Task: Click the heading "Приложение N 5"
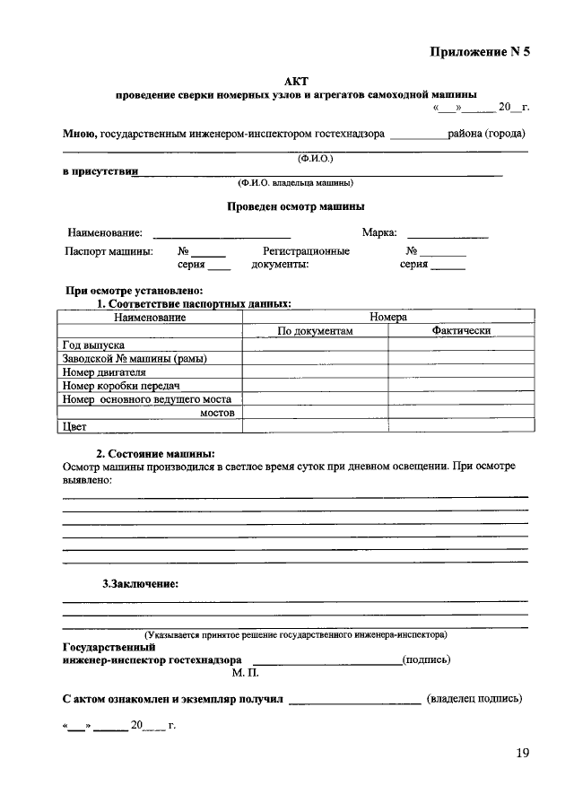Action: pyautogui.click(x=479, y=51)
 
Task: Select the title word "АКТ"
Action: pyautogui.click(x=295, y=81)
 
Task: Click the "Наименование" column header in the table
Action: pyautogui.click(x=150, y=318)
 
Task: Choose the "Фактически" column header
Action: pyautogui.click(x=460, y=331)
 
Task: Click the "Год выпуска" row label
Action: pyautogui.click(x=93, y=345)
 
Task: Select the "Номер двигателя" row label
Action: pyautogui.click(x=104, y=372)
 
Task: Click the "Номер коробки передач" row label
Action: pyautogui.click(x=116, y=386)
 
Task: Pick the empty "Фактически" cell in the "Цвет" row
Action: pyautogui.click(x=460, y=427)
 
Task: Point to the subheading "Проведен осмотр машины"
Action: pyautogui.click(x=295, y=205)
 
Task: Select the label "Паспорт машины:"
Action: pyautogui.click(x=109, y=251)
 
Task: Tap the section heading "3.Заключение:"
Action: pyautogui.click(x=140, y=583)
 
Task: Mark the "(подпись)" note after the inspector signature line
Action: pyautogui.click(x=427, y=659)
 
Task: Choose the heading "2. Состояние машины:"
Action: pyautogui.click(x=155, y=454)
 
